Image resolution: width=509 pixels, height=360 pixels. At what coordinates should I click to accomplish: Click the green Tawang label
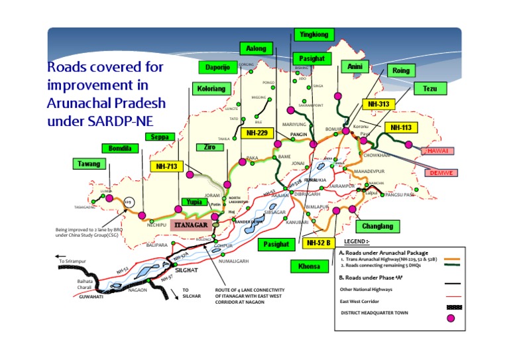89,164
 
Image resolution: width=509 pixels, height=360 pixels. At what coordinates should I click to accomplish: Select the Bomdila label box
116,149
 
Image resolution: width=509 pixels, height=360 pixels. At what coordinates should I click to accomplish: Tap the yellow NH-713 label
166,167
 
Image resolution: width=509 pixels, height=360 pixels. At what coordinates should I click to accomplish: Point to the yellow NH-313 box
378,104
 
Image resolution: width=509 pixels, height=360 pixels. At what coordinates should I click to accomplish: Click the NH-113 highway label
401,127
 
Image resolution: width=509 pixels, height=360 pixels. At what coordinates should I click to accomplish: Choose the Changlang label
377,227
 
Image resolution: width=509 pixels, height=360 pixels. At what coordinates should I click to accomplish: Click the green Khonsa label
309,266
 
